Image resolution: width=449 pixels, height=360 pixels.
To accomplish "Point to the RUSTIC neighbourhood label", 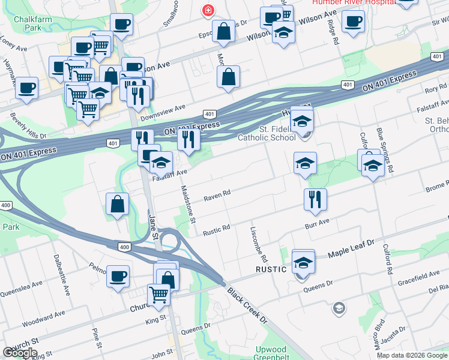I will (270, 269).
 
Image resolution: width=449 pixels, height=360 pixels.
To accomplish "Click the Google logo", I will (20, 353).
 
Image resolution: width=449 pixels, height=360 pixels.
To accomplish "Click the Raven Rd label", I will (217, 196).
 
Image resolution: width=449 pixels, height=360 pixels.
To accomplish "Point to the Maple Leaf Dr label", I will (351, 249).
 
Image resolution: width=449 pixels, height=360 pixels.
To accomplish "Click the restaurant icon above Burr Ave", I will (315, 199).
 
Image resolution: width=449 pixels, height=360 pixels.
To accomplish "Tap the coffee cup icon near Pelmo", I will (118, 275).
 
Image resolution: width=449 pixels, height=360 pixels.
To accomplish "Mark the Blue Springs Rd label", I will (384, 149).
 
